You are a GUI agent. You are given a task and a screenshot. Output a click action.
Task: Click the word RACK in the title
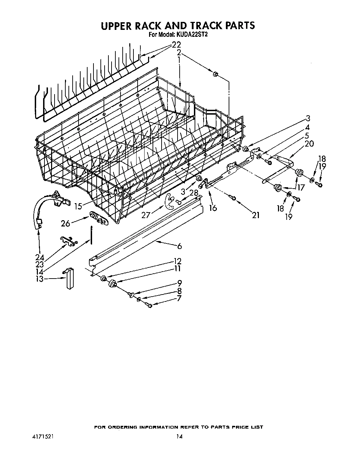155,26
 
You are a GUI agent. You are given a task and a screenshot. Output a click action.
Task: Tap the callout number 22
177,45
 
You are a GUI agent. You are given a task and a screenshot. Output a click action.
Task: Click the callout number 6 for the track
179,246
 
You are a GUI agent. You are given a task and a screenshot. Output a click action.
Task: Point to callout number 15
78,206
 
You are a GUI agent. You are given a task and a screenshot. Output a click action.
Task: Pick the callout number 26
66,223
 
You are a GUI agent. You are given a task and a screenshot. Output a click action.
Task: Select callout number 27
146,215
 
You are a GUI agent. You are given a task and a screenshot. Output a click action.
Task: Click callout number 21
255,215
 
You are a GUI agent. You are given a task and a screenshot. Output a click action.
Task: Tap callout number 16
213,208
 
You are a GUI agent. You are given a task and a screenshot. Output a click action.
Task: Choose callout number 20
309,143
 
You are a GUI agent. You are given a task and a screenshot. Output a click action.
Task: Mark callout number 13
40,279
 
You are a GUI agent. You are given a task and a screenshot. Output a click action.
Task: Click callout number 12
178,261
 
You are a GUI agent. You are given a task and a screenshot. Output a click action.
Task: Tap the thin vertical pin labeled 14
91,234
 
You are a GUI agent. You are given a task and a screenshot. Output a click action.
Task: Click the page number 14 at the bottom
179,437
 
